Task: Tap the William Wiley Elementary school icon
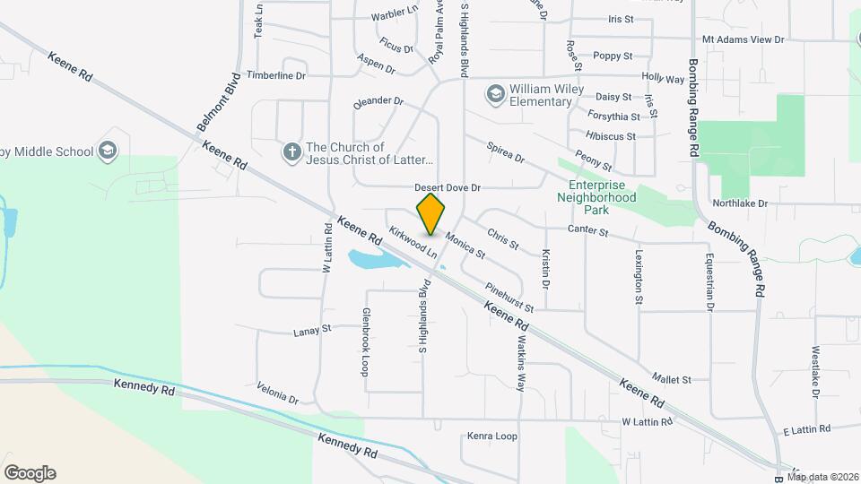pos(495,94)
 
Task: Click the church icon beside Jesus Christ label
pos(291,153)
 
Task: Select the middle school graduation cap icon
pos(109,150)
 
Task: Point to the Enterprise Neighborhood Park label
pos(596,197)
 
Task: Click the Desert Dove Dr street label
pos(448,188)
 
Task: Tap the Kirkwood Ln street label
pos(413,241)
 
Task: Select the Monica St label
pos(465,246)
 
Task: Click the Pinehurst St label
pos(509,297)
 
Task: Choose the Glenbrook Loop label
pos(366,341)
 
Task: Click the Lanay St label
pos(312,332)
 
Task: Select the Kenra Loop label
pos(492,436)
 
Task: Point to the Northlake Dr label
pos(744,203)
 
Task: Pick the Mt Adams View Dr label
pos(743,39)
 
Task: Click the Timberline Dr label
pos(276,75)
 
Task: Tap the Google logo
pos(30,473)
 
